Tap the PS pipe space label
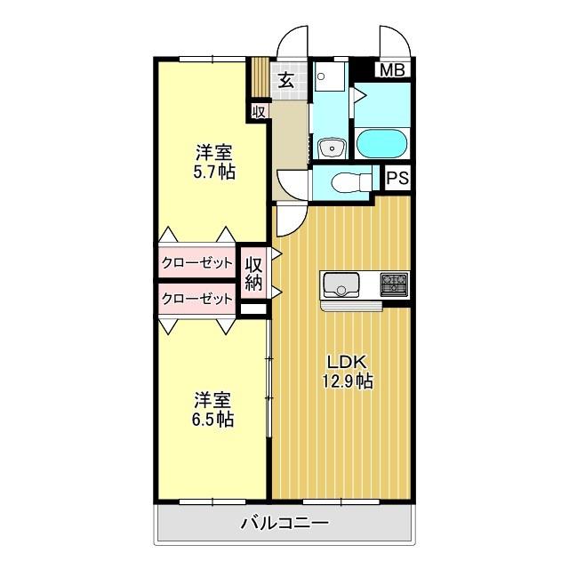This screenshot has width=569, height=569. point(397,179)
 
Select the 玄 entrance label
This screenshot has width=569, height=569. point(286,80)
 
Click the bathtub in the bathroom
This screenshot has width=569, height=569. point(381,143)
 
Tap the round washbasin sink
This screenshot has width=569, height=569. point(333,147)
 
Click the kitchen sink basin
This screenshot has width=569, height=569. point(341,285)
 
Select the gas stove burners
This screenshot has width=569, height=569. point(394,284)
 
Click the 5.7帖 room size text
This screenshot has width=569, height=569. point(214,172)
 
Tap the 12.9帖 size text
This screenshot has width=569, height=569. point(347,382)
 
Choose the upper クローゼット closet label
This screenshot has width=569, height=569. point(197,263)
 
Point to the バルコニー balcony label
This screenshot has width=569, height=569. point(284,523)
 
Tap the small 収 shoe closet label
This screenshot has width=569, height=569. point(258,111)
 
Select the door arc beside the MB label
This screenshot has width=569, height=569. point(392,41)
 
